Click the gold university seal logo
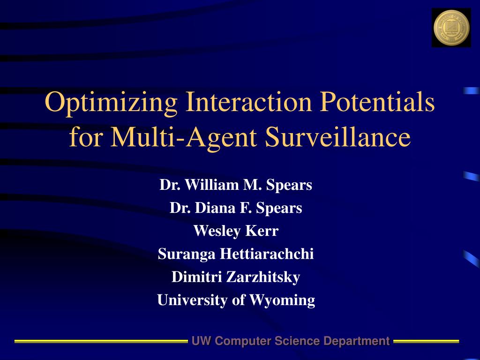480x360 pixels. (451, 28)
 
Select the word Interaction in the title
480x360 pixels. (248, 101)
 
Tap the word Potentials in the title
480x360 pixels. (377, 101)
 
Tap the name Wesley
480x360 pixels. (215, 231)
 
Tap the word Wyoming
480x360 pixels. (282, 300)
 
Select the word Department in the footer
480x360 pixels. (357, 341)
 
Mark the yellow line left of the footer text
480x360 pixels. (101, 341)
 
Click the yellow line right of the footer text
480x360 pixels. (426, 341)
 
